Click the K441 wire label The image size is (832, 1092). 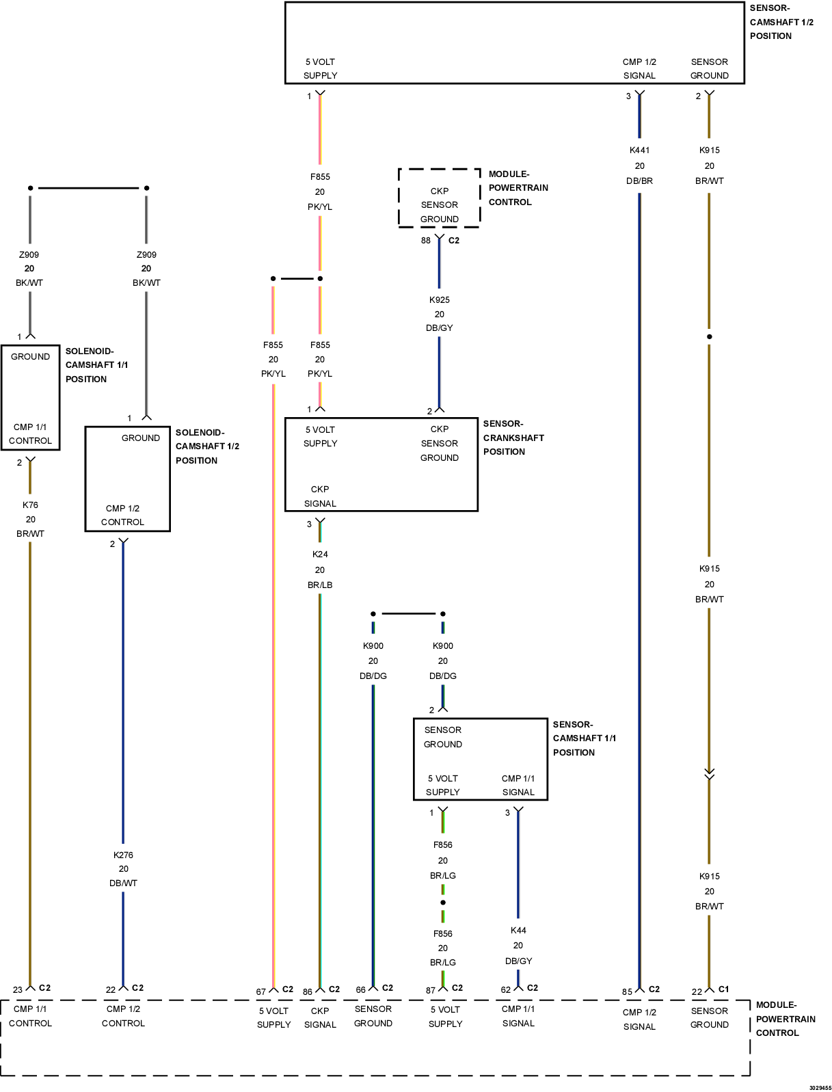pyautogui.click(x=639, y=150)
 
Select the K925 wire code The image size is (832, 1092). pyautogui.click(x=439, y=300)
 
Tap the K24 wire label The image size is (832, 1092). pyautogui.click(x=320, y=555)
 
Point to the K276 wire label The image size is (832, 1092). pyautogui.click(x=123, y=855)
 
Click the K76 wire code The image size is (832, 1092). pyautogui.click(x=30, y=505)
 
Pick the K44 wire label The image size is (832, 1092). pyautogui.click(x=518, y=931)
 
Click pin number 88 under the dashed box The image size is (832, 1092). pyautogui.click(x=426, y=241)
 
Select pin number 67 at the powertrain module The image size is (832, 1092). pyautogui.click(x=260, y=992)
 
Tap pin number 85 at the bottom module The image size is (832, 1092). pyautogui.click(x=627, y=992)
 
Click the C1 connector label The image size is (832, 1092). pyautogui.click(x=723, y=989)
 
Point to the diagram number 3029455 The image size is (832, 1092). pyautogui.click(x=820, y=1087)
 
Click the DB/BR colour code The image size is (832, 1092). pyautogui.click(x=639, y=181)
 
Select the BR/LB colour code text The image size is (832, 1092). pyautogui.click(x=320, y=585)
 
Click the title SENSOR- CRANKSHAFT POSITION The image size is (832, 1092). pyautogui.click(x=513, y=438)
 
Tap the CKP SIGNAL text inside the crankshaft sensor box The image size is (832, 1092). pyautogui.click(x=320, y=496)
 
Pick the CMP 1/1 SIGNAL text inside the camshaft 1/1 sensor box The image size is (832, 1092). pyautogui.click(x=518, y=785)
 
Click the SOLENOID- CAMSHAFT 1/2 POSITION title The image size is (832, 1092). pyautogui.click(x=207, y=447)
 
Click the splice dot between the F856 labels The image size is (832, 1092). pyautogui.click(x=442, y=903)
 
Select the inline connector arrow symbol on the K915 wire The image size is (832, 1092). pyautogui.click(x=709, y=773)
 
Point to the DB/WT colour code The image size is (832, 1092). pyautogui.click(x=123, y=883)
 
